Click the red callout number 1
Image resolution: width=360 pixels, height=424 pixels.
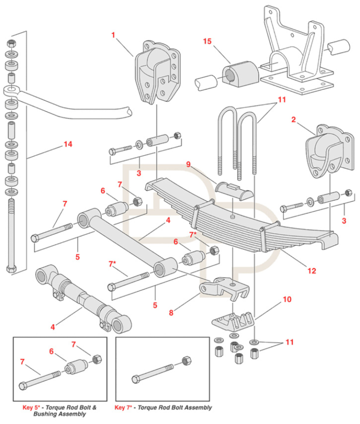[x=113, y=34]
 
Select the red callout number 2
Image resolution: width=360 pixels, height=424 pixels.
[x=293, y=120]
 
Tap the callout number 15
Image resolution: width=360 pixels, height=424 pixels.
[x=207, y=42]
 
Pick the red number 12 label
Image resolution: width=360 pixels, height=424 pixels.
[x=311, y=271]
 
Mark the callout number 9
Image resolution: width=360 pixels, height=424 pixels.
[x=188, y=164]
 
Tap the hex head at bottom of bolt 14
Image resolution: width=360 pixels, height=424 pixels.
[x=11, y=269]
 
